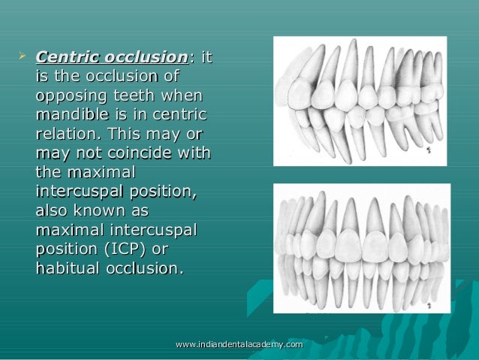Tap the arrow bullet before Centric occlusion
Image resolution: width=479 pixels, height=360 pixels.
22,56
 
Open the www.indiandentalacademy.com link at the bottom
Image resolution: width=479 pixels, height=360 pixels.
239,344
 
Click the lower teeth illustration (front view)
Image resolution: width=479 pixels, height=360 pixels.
362,248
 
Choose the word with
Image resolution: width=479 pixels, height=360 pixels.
192,155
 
